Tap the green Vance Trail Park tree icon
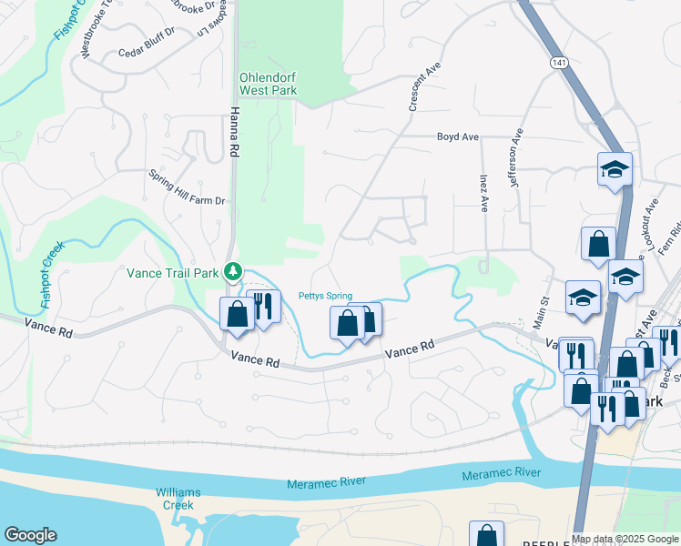(x=234, y=270)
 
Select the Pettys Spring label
(x=325, y=296)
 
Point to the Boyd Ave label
(x=457, y=137)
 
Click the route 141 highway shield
(x=558, y=62)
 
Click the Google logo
(x=30, y=535)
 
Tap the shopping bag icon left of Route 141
(x=598, y=244)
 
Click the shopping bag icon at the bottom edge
(x=486, y=535)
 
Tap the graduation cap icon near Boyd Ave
(x=615, y=169)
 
